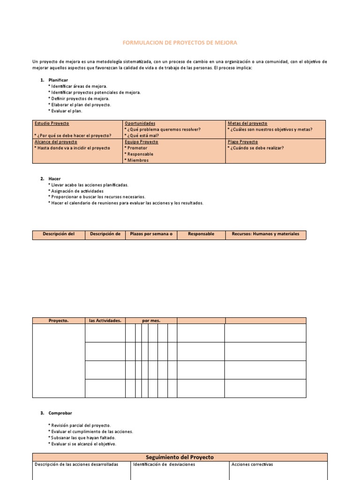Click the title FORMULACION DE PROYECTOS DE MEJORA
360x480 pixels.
180,43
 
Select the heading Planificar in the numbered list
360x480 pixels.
58,80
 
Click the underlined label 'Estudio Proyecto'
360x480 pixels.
52,123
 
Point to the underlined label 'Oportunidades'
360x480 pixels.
140,123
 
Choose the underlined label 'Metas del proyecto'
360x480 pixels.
247,123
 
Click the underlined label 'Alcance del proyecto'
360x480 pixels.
56,142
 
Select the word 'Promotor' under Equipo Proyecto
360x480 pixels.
137,148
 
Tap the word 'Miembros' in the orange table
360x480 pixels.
137,160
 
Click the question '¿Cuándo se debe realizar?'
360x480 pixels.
256,148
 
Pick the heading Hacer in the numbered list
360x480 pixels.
54,179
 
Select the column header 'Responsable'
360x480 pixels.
201,234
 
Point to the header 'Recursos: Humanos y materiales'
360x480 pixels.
265,234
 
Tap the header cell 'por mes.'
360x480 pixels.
151,321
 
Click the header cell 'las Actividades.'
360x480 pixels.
105,321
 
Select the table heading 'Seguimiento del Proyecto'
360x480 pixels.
180,457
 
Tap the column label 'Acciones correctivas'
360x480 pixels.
252,465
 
